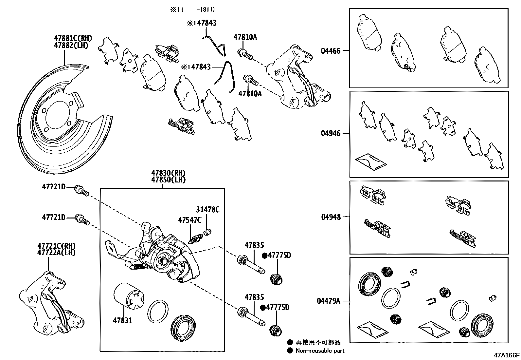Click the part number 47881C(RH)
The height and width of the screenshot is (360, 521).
coord(73,38)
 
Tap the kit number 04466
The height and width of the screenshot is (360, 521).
coord(331,51)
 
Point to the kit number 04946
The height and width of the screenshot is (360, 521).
coord(331,133)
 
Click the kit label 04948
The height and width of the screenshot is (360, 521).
coord(331,217)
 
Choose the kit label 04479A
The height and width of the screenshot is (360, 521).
coord(328,301)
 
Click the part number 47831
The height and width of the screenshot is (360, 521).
coord(123,320)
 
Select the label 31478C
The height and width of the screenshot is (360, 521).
coord(208,210)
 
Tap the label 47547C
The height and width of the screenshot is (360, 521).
coord(190,220)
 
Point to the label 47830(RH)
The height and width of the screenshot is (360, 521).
coord(168,173)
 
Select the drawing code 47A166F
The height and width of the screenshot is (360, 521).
coord(507,355)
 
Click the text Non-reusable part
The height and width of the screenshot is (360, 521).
coord(320,351)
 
